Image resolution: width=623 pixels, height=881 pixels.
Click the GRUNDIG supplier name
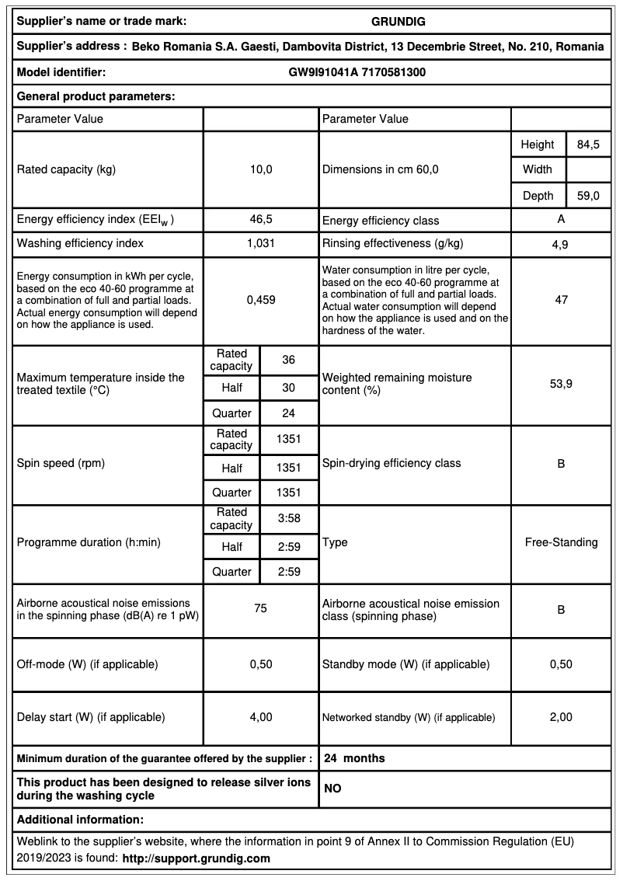tap(399, 21)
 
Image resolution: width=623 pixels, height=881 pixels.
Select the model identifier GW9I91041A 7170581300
tap(357, 72)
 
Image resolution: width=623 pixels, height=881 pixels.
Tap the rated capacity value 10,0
tap(261, 169)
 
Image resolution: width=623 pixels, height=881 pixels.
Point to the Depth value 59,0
tap(587, 196)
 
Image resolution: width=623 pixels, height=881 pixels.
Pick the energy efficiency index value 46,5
tap(261, 220)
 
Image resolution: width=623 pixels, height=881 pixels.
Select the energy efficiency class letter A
tap(561, 220)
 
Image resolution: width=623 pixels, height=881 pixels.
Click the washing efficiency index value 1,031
tap(261, 243)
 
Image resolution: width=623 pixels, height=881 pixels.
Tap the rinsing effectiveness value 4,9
tap(561, 244)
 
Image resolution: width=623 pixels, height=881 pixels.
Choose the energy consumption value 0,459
tap(261, 299)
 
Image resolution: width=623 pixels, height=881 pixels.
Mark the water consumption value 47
tap(561, 299)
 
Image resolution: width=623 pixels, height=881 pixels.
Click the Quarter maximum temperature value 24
tap(289, 413)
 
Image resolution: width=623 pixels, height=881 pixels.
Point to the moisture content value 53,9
tap(561, 384)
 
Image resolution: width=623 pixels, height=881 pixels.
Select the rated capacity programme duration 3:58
tap(289, 517)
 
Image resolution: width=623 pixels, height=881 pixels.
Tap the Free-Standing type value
tap(561, 542)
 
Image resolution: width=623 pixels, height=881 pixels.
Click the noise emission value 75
tap(261, 609)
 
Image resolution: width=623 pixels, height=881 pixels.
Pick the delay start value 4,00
tap(261, 717)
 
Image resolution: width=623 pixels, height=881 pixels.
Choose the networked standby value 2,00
tap(561, 717)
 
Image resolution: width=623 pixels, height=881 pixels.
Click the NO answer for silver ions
tap(332, 789)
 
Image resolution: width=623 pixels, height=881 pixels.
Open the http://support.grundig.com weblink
tap(197, 858)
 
